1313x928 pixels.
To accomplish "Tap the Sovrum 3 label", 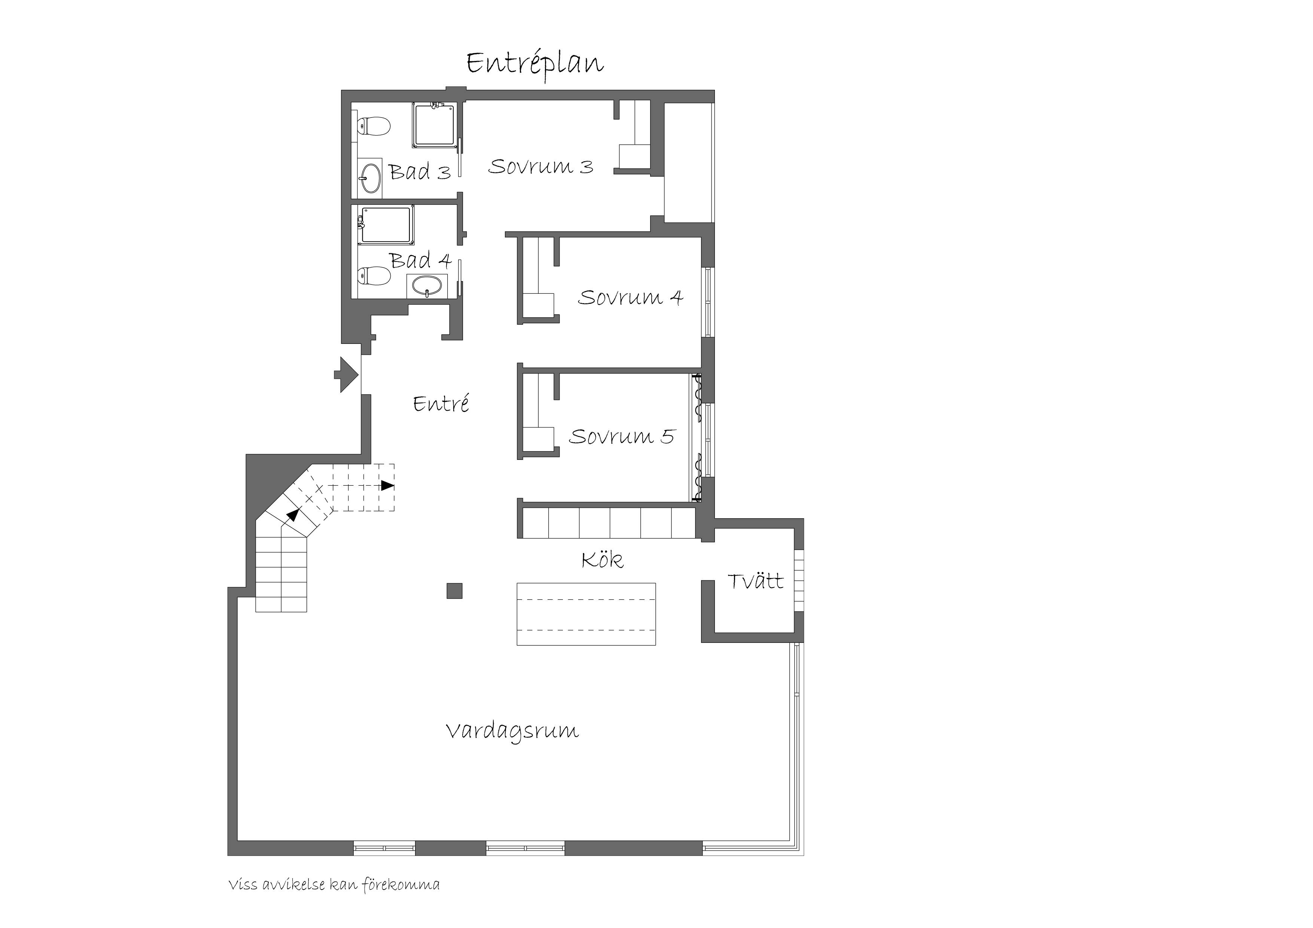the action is point(540,167).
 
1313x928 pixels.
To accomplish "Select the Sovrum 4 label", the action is point(630,297).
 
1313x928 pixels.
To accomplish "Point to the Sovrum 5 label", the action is point(622,437).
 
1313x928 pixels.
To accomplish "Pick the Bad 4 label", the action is point(421,261).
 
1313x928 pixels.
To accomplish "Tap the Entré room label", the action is point(441,404).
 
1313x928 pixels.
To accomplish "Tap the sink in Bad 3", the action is point(370,178).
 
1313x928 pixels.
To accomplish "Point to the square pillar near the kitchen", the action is point(454,590).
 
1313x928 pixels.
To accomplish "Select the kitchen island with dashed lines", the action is point(586,614).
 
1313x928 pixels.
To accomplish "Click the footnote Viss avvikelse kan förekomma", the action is point(334,885).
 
